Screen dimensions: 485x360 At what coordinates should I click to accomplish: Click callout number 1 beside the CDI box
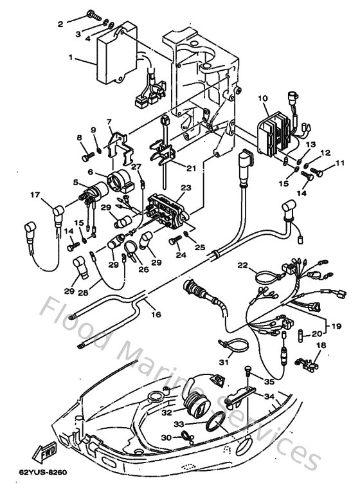(71, 57)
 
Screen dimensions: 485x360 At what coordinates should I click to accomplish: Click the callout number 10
(262, 98)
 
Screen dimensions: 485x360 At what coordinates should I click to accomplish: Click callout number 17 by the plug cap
(33, 196)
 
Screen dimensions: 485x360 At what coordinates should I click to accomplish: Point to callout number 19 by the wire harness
(334, 327)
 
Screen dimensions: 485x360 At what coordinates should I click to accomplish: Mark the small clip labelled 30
(186, 438)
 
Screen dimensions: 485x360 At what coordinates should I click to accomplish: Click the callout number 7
(109, 122)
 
